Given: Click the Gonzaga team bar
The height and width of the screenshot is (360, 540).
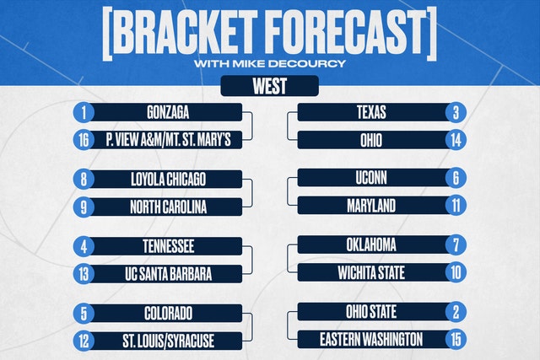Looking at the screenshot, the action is (167, 112).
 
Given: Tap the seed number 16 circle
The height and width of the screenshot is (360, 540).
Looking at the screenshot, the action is (84, 140).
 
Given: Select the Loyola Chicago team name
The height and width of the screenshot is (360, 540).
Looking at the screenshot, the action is (168, 180).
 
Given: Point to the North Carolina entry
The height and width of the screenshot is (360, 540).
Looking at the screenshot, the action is (167, 207).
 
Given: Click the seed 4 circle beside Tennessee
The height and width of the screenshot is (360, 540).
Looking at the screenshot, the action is (84, 246).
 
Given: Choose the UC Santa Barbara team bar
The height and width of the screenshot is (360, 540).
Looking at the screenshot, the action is (167, 274).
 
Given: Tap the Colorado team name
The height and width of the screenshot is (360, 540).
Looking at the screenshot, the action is (168, 314).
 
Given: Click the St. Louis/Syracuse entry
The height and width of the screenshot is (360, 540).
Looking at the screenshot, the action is (167, 341).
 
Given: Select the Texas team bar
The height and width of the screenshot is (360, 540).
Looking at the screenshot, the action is (373, 112).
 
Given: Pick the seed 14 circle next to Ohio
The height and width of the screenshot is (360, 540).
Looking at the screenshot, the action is (456, 140).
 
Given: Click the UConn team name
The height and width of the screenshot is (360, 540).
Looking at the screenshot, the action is (371, 178).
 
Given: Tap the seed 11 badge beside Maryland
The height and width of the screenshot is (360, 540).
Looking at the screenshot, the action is (456, 206).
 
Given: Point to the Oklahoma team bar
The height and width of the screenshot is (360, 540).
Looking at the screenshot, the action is (373, 244).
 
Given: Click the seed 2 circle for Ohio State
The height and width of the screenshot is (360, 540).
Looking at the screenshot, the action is (456, 312).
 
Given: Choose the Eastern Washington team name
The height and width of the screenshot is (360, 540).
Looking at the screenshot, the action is (371, 340).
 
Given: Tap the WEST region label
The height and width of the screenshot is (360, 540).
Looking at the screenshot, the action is (270, 86).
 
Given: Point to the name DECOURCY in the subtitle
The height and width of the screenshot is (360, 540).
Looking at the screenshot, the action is (307, 64).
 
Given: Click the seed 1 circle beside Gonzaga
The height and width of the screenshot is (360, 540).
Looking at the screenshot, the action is (84, 112).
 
